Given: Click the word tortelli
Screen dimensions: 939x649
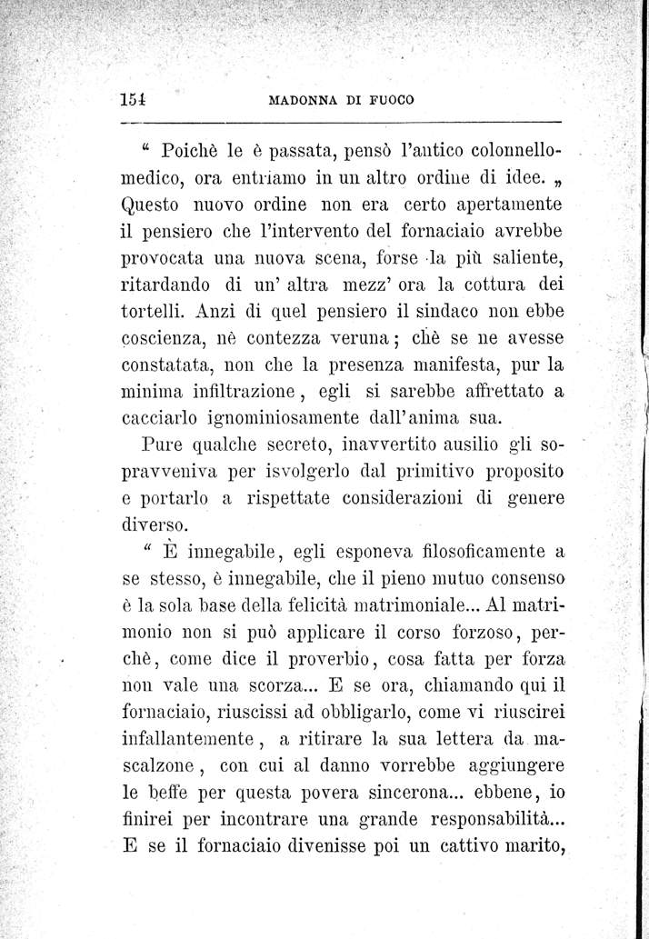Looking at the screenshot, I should coord(155,310).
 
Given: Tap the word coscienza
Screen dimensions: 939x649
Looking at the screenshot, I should coord(166,340).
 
